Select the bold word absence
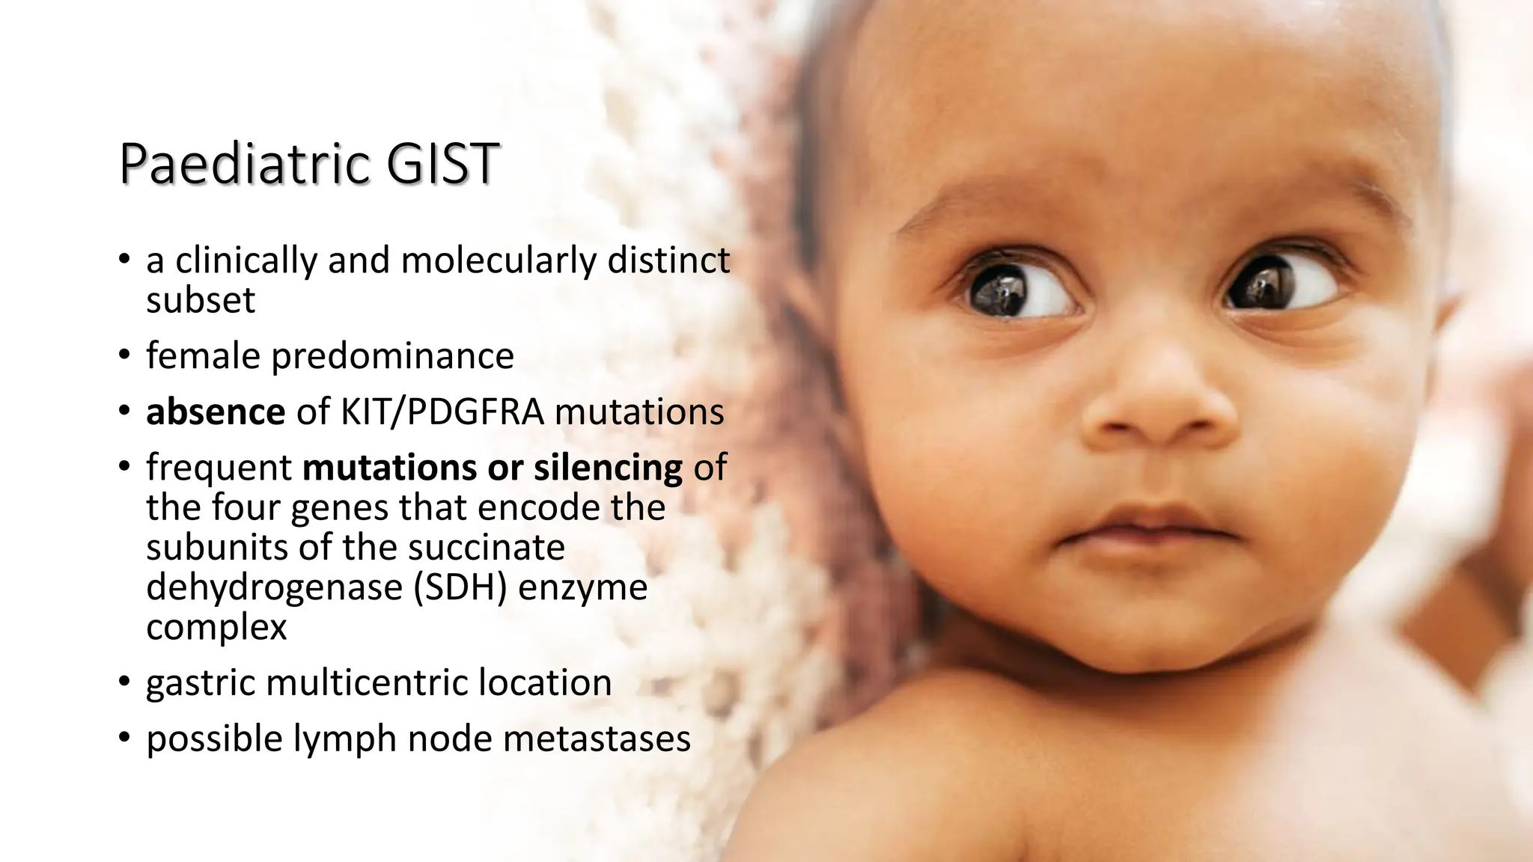pos(216,412)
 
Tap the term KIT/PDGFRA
pos(442,412)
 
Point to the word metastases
pos(597,739)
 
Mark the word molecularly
pos(499,260)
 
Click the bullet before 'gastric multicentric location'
pos(124,682)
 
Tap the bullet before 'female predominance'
pos(124,355)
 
